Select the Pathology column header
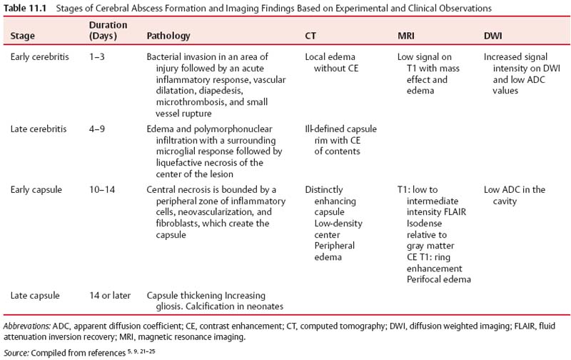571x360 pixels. tap(168, 34)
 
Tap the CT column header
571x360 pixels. tap(310, 34)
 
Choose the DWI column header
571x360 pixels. tap(495, 34)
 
